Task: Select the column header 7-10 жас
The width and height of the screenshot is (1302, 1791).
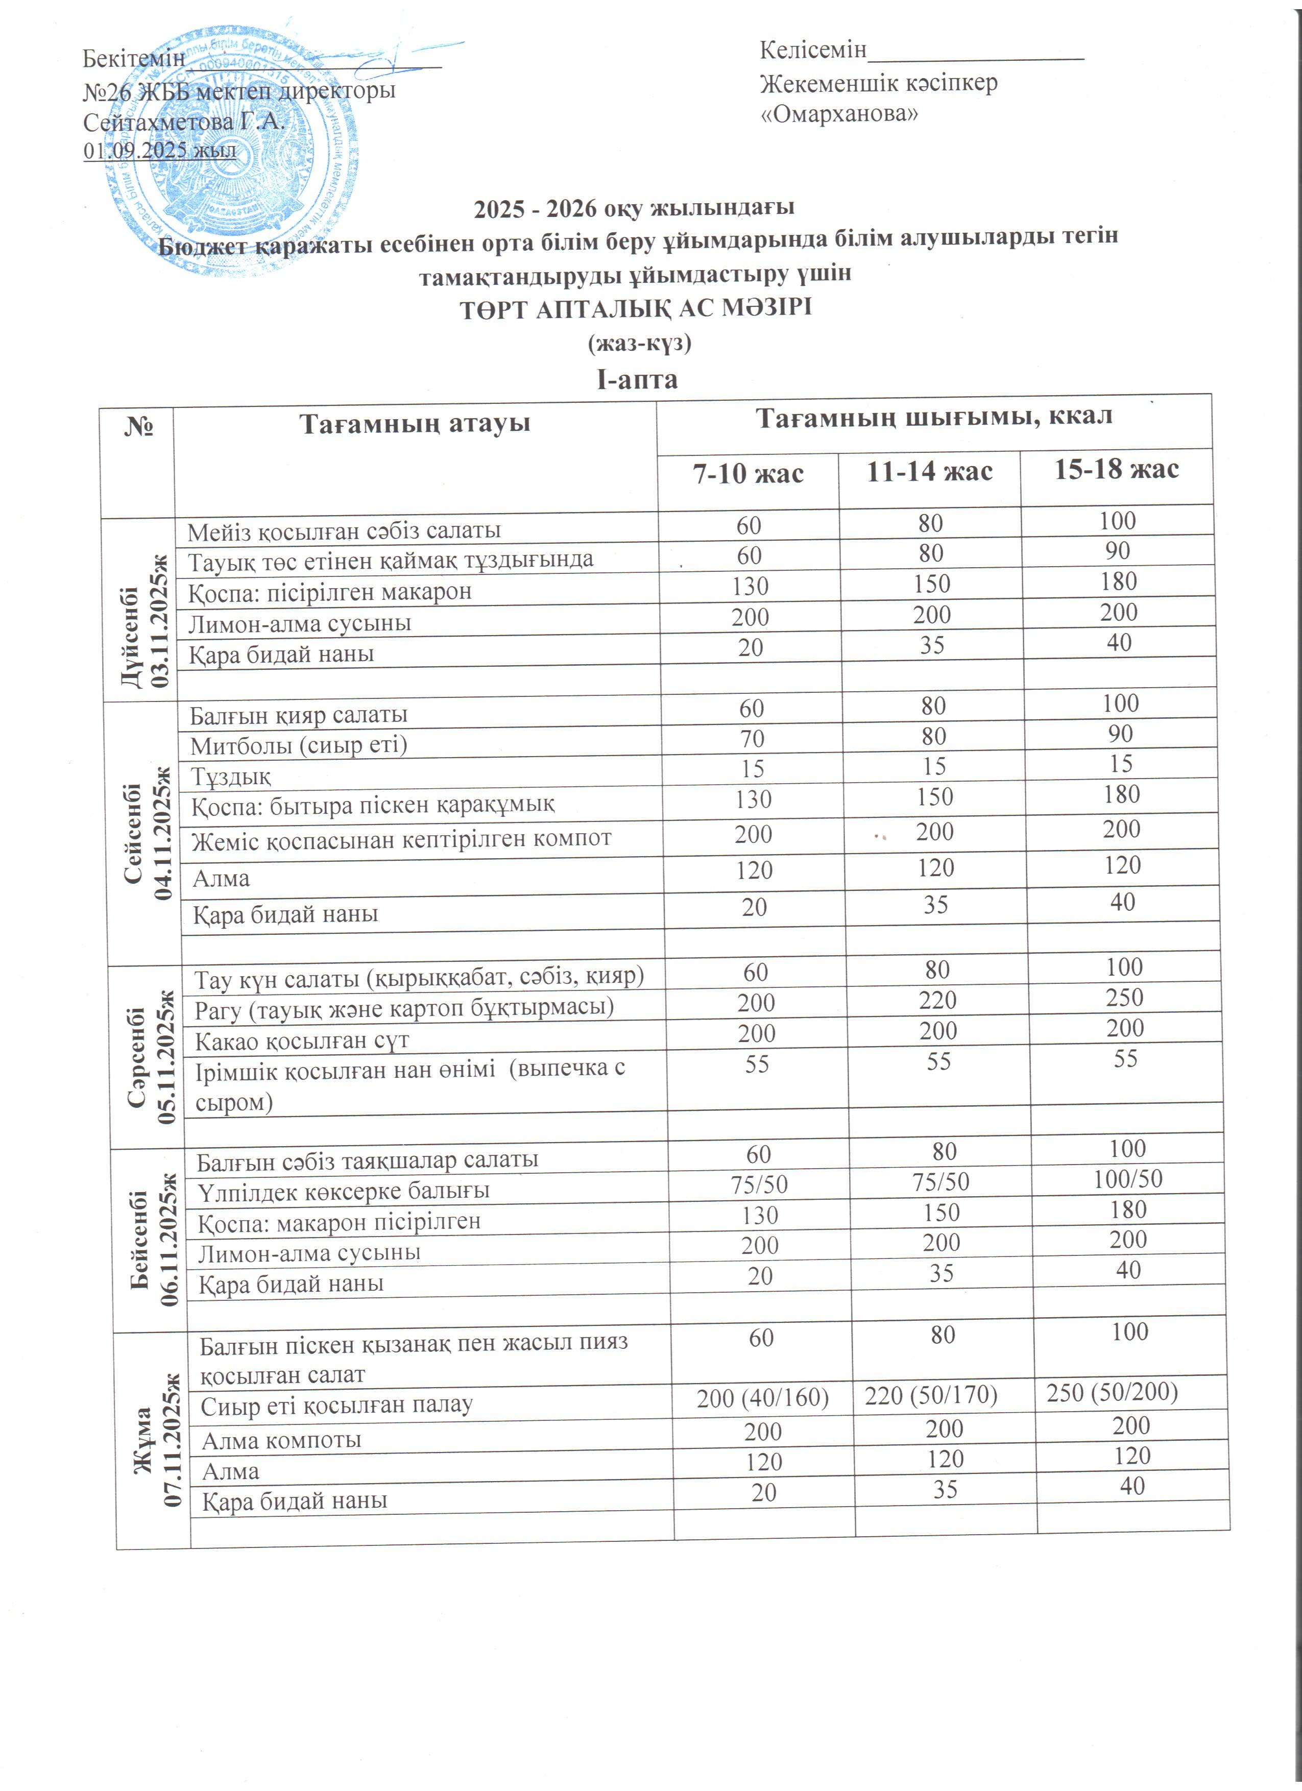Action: [748, 474]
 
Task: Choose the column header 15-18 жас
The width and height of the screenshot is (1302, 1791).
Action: [1117, 470]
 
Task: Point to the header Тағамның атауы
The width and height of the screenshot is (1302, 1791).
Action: [415, 424]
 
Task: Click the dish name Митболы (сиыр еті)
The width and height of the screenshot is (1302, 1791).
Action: [299, 745]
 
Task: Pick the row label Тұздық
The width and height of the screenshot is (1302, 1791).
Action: [231, 776]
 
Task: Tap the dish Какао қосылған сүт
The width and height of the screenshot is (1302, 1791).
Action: [302, 1041]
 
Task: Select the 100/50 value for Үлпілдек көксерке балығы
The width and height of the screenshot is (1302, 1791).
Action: [1127, 1179]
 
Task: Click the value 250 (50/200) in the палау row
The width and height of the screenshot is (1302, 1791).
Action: [1112, 1392]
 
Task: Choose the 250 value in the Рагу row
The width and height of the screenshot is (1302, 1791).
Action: [1124, 998]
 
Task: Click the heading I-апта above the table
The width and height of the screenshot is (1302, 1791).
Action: [637, 380]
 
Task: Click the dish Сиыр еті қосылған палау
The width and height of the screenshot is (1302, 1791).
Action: [336, 1405]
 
